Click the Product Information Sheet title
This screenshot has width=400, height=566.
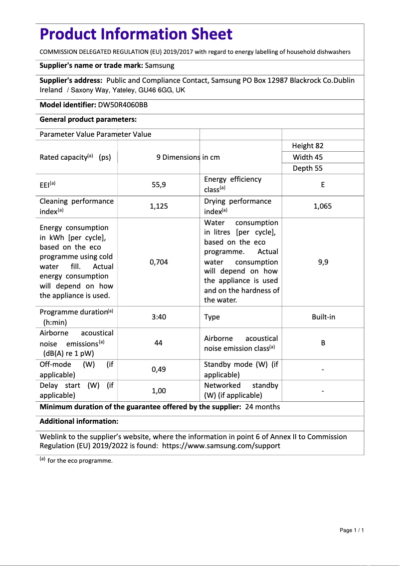tap(136, 34)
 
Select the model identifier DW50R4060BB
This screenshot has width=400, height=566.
tap(123, 105)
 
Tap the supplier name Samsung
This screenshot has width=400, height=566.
tap(160, 65)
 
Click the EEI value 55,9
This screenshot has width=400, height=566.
tap(159, 184)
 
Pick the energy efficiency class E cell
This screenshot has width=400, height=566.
tap(323, 184)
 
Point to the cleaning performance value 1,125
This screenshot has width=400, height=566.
tap(159, 206)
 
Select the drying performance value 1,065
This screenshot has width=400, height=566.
tap(323, 206)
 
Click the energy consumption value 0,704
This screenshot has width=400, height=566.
tap(159, 262)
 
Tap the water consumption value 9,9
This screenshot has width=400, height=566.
tap(323, 262)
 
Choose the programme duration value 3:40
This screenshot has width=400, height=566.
tap(159, 317)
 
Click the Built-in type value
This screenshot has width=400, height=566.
tap(323, 317)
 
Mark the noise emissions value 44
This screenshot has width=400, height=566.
tap(159, 343)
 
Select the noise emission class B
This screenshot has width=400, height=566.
tap(323, 343)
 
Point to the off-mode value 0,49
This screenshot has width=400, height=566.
tap(159, 369)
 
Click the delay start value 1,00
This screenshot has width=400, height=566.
tap(159, 391)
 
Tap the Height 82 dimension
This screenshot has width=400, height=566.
tap(308, 146)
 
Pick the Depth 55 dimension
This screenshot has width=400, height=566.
tap(308, 168)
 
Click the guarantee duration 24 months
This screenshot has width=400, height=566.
tap(262, 407)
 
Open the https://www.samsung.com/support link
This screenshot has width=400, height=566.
tap(221, 446)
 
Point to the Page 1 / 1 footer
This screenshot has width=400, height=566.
tap(352, 530)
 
